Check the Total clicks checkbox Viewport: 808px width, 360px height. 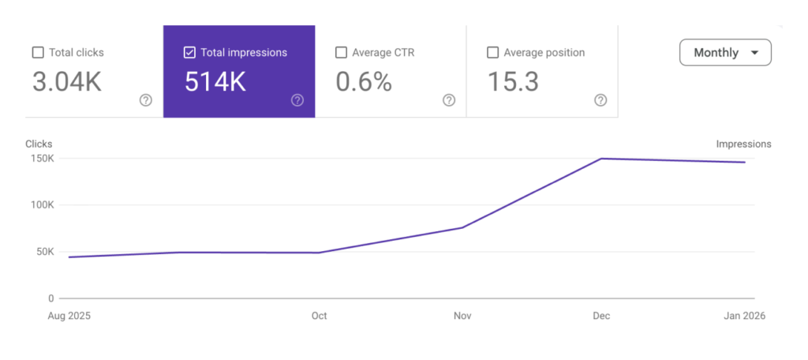click(x=38, y=53)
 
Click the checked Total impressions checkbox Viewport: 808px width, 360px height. click(x=189, y=53)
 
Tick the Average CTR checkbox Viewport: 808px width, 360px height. click(x=341, y=53)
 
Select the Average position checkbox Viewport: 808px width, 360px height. click(x=492, y=53)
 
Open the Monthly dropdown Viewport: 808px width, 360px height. click(x=725, y=53)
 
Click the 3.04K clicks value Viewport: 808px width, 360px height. click(x=67, y=82)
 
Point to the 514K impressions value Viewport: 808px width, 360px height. click(x=215, y=82)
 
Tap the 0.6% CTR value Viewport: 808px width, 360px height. click(x=364, y=82)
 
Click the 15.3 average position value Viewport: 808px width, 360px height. click(x=513, y=82)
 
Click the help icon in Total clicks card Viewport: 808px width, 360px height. click(x=146, y=100)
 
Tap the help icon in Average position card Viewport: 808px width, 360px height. click(x=600, y=100)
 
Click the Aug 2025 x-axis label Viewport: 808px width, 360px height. click(x=69, y=316)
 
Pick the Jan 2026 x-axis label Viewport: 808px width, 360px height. click(x=743, y=316)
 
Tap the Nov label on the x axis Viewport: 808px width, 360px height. click(x=462, y=316)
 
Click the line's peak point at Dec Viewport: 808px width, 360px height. click(x=600, y=159)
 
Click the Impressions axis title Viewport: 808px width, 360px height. click(x=743, y=144)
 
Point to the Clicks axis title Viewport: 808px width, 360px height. click(x=39, y=144)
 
